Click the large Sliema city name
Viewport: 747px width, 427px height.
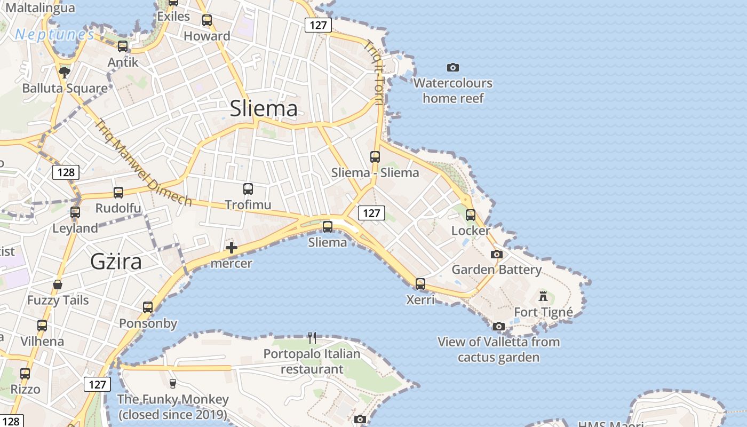pos(264,108)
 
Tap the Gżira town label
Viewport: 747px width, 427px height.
pos(116,262)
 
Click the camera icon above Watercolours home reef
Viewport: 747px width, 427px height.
pos(453,67)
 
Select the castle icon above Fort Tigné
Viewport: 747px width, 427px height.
pos(543,296)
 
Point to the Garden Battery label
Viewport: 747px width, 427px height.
pos(497,270)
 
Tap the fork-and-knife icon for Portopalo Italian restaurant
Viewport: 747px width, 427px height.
pos(312,337)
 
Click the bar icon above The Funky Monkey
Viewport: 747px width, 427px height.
pos(172,383)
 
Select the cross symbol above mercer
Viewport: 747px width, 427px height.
pos(232,247)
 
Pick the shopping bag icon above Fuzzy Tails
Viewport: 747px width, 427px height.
pos(58,284)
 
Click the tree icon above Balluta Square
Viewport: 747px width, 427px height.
pos(65,72)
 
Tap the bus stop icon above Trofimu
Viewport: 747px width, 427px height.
pos(248,188)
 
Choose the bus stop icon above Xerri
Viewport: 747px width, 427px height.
pos(420,283)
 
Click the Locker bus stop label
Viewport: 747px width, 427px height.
pos(471,231)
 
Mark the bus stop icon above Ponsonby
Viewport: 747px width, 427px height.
pos(148,307)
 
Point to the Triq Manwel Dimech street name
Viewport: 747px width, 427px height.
pos(143,163)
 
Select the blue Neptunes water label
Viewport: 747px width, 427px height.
pos(54,35)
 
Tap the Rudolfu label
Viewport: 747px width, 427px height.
pos(118,208)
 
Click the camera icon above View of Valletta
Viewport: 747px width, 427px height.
pos(498,326)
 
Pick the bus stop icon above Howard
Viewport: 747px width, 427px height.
pos(207,20)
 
